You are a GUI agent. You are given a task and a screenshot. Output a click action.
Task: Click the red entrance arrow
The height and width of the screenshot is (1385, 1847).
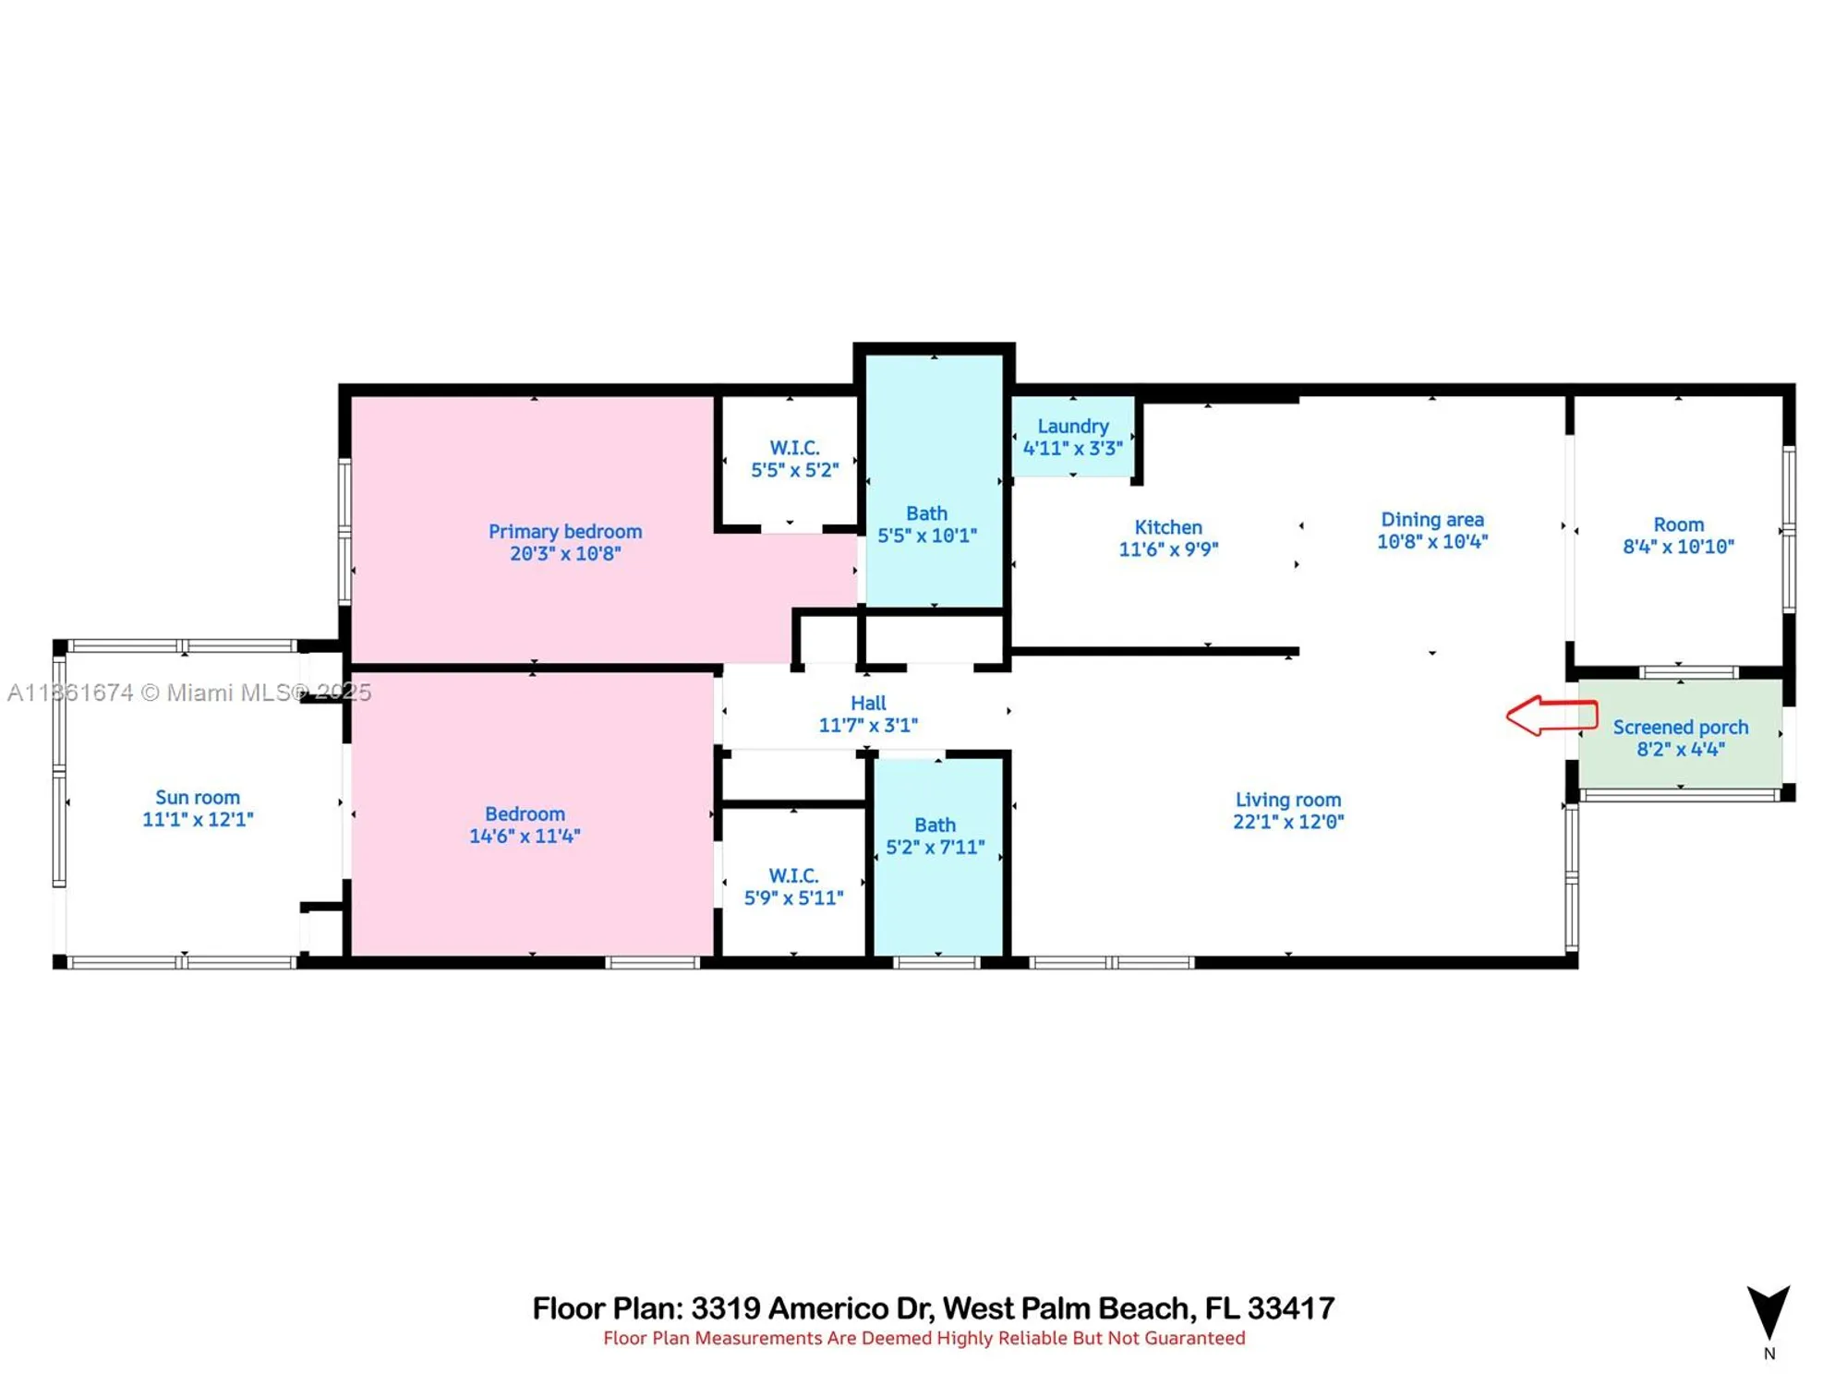pos(1551,716)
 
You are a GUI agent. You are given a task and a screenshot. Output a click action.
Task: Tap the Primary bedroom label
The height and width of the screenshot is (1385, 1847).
pos(564,532)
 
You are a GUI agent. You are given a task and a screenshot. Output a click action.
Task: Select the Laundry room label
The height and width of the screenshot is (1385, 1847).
pos(1072,427)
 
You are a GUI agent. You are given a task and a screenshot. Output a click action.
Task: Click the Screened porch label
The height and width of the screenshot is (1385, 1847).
pos(1680,728)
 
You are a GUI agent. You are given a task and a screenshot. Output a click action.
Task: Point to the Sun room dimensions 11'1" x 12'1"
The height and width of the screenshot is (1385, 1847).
pos(198,819)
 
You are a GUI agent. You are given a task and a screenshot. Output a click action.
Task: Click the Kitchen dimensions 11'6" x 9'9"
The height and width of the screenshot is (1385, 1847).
pos(1168,549)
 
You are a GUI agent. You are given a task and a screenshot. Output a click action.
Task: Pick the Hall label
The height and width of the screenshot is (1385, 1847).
pos(868,704)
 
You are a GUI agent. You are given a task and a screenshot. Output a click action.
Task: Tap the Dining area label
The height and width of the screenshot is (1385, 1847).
pos(1431,520)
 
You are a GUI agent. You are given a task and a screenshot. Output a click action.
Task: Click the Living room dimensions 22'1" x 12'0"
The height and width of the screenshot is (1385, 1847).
pos(1288,822)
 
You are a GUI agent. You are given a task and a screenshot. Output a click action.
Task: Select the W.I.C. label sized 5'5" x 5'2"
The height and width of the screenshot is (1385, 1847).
pos(794,448)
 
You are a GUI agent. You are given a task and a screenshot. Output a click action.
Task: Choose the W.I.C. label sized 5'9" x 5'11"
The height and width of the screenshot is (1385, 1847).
pos(793,875)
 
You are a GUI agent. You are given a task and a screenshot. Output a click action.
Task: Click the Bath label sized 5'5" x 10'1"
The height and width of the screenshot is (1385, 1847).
pos(926,513)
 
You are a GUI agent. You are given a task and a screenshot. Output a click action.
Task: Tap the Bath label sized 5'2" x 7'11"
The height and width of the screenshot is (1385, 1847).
pos(935,825)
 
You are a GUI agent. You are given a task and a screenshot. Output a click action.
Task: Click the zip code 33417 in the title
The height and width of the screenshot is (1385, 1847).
pos(1290,1308)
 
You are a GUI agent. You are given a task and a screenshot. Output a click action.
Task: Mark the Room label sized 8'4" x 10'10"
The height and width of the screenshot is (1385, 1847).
pos(1678,524)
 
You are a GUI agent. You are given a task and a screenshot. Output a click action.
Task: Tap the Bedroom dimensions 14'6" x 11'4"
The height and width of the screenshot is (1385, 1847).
pos(525,837)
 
